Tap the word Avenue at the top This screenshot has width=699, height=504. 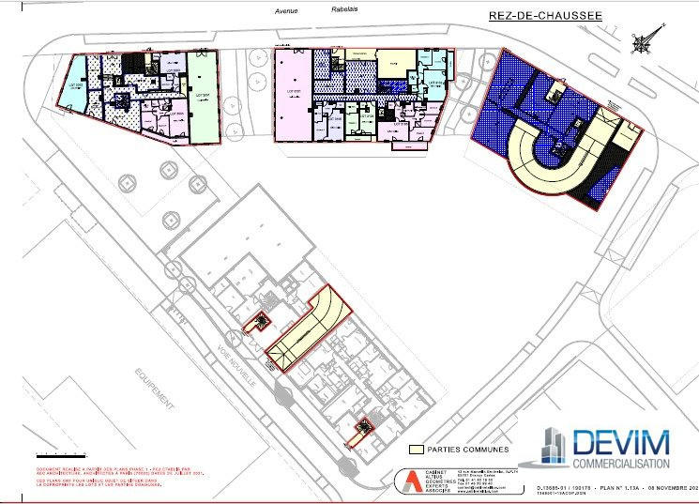tap(286, 12)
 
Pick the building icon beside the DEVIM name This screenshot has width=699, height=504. tap(555, 446)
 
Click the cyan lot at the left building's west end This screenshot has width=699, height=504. tap(74, 76)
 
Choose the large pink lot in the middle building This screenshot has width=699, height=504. tap(292, 94)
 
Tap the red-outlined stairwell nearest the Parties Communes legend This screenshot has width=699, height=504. tap(357, 433)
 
